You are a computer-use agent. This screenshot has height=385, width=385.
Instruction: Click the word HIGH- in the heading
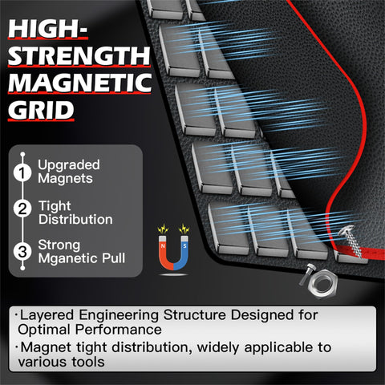coord(47,29)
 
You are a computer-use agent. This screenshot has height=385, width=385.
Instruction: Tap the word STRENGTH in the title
coord(79,56)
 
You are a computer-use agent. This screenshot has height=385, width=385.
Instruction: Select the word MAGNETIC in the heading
coord(80,83)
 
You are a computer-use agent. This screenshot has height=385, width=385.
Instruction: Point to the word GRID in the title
coord(41,111)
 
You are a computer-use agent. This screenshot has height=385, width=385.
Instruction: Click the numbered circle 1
coord(22,172)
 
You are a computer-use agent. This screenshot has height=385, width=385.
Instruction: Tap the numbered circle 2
coord(22,209)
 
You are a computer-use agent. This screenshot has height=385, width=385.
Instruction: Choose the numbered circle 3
coord(22,251)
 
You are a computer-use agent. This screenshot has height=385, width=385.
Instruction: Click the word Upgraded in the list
coord(69,165)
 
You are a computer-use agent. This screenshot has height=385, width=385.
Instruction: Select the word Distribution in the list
coord(75,220)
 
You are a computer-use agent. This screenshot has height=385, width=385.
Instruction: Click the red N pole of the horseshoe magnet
coord(163,250)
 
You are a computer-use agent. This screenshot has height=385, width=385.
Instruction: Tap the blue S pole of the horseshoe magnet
coord(184,250)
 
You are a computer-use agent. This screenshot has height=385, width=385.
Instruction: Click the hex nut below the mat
coord(322,283)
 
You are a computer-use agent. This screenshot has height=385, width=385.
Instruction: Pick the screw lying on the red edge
coord(351,241)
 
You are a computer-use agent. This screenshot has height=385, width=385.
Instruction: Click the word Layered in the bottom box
coord(47,315)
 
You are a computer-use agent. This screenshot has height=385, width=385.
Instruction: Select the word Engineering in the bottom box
coord(119,315)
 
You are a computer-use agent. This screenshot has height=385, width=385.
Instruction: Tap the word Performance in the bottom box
coord(119,330)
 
